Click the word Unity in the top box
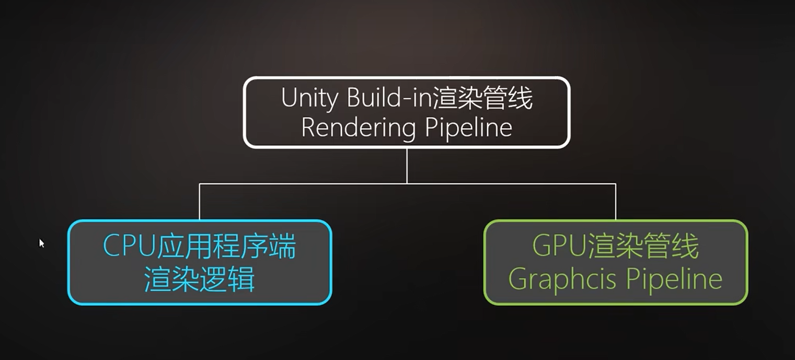coord(309,99)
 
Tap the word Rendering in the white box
coord(358,129)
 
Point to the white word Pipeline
coord(468,127)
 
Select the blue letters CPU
coord(129,246)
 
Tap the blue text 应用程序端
coord(226,246)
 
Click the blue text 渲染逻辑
coord(200,279)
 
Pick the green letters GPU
coord(559,245)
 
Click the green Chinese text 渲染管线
coord(643,245)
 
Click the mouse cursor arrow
coord(41,243)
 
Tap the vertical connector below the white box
coord(407,166)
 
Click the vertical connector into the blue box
coord(200,202)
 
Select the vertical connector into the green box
coord(615,202)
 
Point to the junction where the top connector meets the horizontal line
coord(407,184)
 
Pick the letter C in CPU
coord(111,246)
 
